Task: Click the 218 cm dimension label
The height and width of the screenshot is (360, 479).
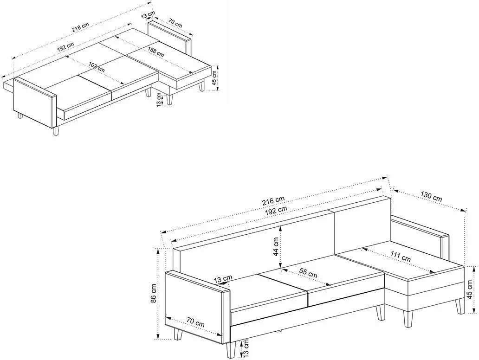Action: tap(80, 28)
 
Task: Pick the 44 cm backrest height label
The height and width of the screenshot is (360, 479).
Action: tap(276, 246)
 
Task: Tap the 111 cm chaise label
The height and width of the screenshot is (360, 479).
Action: tap(400, 257)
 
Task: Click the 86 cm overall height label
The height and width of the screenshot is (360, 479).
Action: tap(154, 293)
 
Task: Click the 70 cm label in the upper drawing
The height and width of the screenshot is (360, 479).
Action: tap(175, 23)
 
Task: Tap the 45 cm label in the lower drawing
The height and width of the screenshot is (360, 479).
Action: tap(471, 289)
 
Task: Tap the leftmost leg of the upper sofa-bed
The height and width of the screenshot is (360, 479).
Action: tap(20, 116)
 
